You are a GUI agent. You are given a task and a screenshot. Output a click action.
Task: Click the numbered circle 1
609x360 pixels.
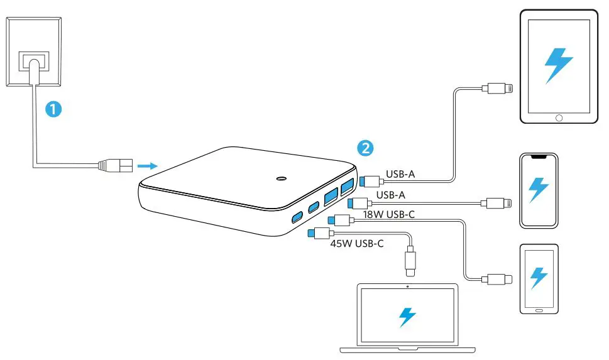pos(55,109)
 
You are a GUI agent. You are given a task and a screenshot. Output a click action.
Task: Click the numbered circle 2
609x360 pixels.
pos(365,148)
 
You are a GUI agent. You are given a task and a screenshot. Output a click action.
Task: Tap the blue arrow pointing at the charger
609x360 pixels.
pos(146,166)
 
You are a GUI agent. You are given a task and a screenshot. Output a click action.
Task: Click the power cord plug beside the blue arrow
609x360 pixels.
pos(113,166)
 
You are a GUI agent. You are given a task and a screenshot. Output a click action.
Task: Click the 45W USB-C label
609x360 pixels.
pos(356,243)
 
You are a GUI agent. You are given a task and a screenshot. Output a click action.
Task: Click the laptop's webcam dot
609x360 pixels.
pos(407,287)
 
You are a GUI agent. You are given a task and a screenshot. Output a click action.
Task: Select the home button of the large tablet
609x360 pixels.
pos(557,117)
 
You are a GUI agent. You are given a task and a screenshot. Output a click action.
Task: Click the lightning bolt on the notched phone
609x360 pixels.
pos(539,188)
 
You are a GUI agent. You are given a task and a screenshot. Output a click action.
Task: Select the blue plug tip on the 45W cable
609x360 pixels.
pos(311,233)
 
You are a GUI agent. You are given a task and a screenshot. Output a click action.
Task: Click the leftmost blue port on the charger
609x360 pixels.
pos(295,219)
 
